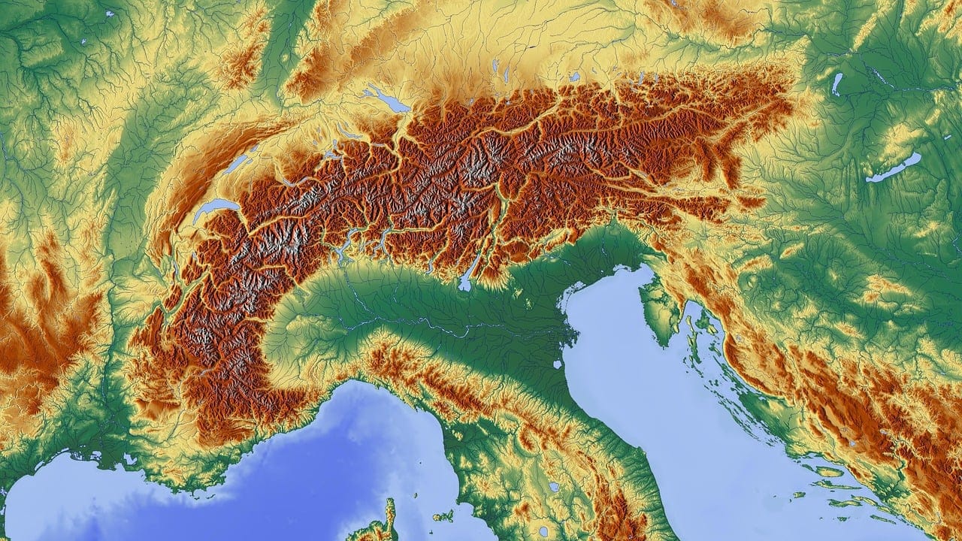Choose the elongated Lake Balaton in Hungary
[x=894, y=168]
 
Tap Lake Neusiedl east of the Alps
[x=836, y=83]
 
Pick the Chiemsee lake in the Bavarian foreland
[x=574, y=77]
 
